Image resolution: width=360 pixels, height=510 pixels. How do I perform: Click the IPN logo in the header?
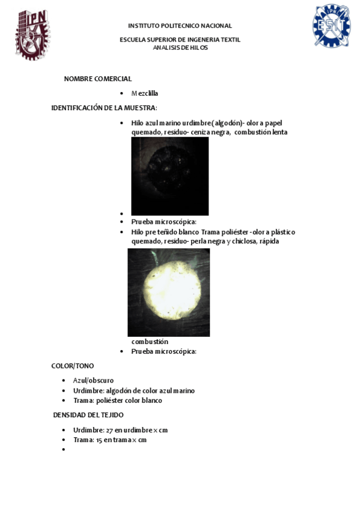32,34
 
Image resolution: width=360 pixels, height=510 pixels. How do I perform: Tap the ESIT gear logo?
331,26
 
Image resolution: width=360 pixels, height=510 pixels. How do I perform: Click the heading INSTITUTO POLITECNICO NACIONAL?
180,26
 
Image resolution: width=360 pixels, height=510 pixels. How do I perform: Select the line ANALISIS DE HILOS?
180,48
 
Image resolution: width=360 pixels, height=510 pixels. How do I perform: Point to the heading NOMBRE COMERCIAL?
98,79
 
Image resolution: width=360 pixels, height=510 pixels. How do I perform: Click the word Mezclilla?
145,93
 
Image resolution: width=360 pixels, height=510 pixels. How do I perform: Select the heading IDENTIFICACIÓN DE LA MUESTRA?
104,108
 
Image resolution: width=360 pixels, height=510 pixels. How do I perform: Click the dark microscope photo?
170,176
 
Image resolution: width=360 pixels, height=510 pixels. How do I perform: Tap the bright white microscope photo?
168,292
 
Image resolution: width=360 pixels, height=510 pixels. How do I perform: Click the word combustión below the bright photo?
150,342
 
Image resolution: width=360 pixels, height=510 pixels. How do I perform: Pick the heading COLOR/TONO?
73,366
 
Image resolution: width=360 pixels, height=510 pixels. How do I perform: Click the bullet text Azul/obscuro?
93,380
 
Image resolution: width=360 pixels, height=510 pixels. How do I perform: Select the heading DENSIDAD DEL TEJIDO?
88,415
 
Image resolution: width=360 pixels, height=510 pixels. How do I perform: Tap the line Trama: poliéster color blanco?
118,400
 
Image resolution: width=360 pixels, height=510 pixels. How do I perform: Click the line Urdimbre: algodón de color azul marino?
133,390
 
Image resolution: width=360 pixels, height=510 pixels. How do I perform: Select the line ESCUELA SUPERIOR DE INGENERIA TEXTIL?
180,40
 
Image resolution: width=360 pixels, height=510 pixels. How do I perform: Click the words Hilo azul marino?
154,123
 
